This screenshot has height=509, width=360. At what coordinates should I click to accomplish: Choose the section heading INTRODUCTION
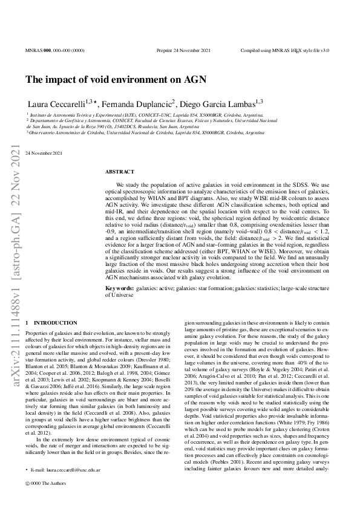coord(55,323)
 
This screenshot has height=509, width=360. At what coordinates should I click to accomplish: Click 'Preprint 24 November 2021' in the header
coord(183,51)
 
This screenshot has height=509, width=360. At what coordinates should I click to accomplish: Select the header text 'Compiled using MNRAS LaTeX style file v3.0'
coord(284,51)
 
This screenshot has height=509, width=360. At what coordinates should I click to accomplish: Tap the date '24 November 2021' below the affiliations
coord(44,153)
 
